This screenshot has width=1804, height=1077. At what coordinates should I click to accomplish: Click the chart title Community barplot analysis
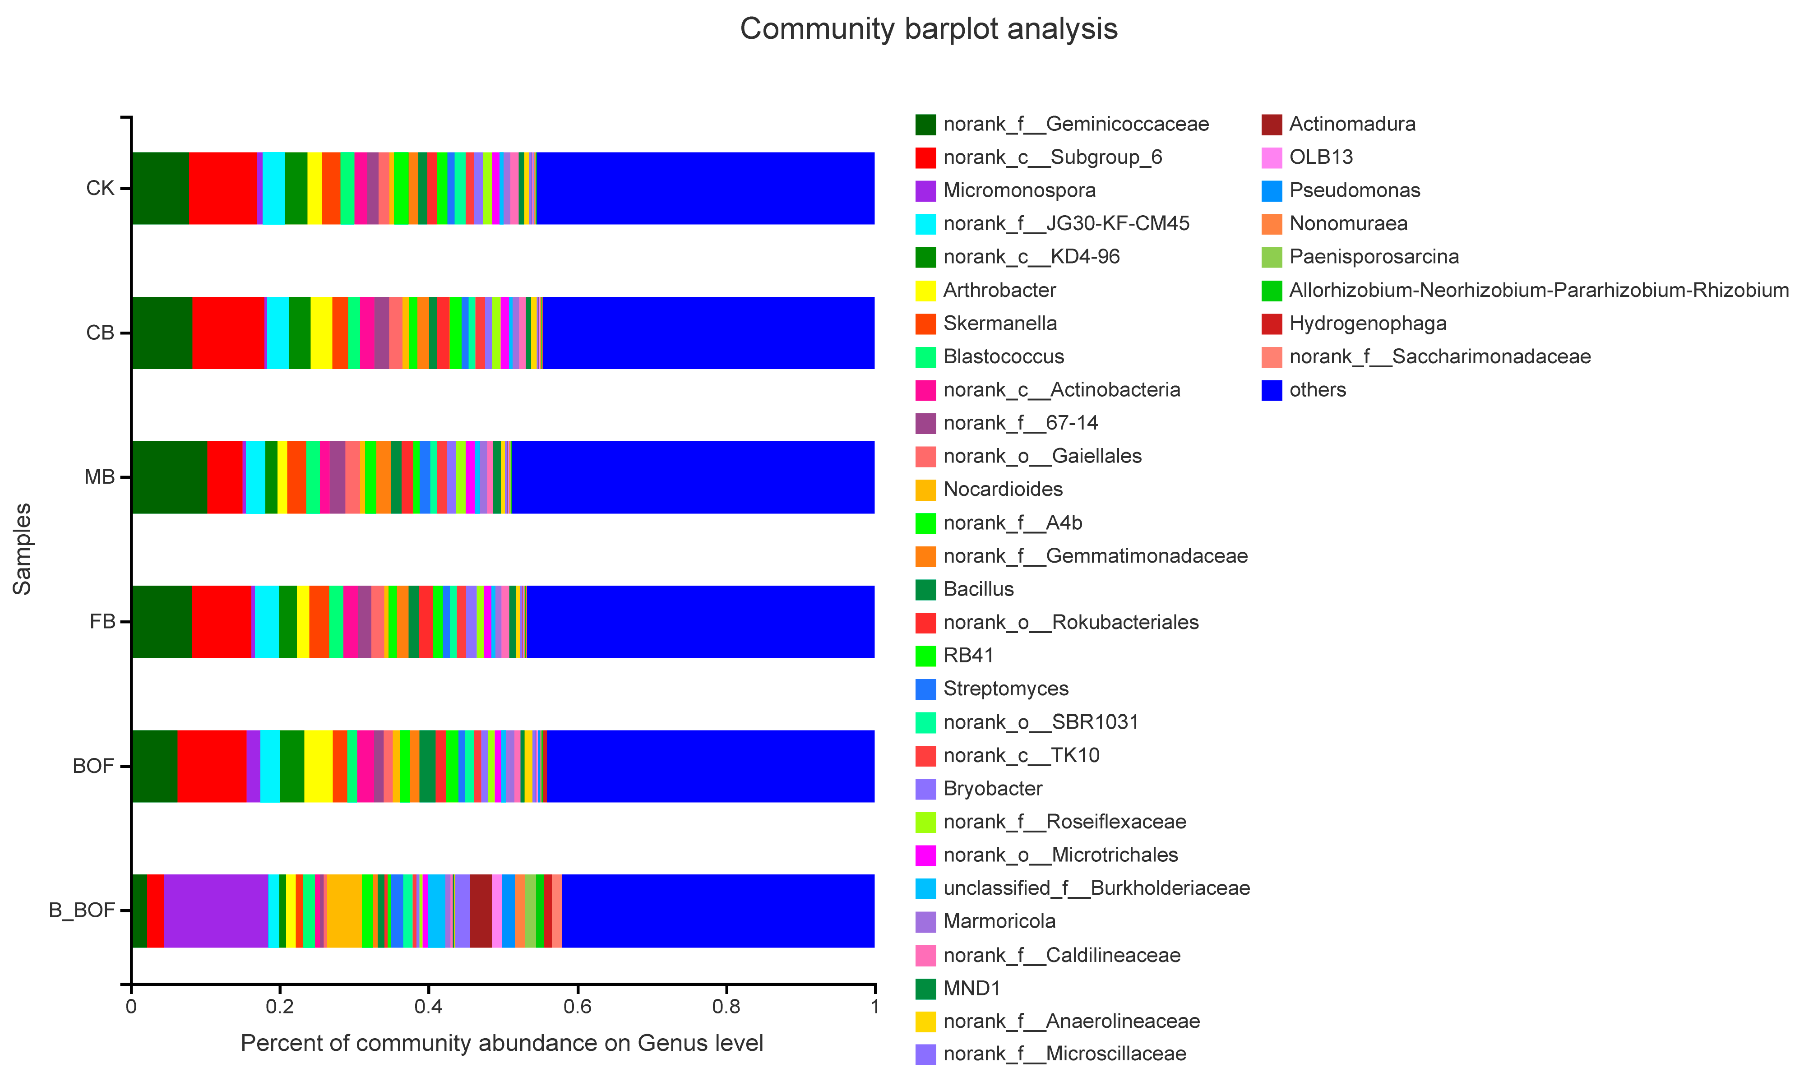point(928,29)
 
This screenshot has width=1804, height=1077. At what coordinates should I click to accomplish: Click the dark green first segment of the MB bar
point(168,477)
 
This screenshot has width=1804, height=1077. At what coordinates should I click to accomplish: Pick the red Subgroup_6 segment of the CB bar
point(229,333)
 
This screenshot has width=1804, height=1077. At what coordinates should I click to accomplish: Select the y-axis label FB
point(102,622)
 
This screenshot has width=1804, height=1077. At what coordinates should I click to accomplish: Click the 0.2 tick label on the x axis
point(279,1007)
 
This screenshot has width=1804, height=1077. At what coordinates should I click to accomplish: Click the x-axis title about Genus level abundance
point(501,1043)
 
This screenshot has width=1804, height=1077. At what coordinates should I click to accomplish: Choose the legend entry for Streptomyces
point(1005,689)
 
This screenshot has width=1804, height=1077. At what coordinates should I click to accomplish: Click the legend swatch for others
point(1272,390)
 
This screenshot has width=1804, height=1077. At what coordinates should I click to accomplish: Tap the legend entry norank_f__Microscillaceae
point(1064,1054)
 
